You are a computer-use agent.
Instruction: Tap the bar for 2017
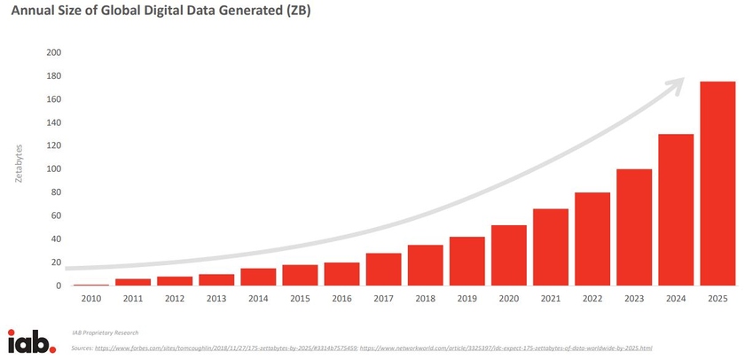pos(383,269)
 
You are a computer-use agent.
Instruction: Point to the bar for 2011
pos(132,282)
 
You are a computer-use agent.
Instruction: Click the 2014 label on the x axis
pos(257,300)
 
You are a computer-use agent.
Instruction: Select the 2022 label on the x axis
pos(592,300)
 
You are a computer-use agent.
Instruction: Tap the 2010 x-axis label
pos(90,300)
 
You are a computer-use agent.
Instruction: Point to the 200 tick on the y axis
pos(53,52)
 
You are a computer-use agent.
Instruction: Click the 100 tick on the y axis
pos(53,169)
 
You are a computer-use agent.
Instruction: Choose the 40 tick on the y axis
pos(56,239)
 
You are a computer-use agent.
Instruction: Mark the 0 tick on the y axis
pos(59,286)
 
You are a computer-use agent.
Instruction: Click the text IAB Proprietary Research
pos(106,333)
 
